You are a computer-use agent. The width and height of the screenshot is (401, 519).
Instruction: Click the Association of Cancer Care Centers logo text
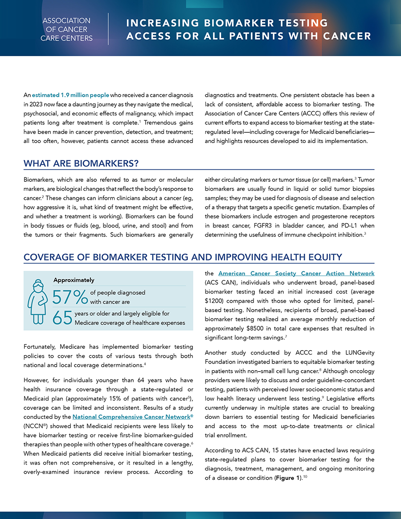(x=66, y=29)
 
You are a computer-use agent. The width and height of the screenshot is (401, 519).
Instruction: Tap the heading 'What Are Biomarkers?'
(x=81, y=163)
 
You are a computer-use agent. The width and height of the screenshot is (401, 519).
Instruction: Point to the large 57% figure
(x=69, y=297)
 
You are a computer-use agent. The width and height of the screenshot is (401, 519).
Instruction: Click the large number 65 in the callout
(x=62, y=318)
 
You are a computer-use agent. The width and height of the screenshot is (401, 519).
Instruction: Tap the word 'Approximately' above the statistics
(x=74, y=280)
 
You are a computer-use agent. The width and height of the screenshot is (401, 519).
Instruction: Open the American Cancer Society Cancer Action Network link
(x=296, y=273)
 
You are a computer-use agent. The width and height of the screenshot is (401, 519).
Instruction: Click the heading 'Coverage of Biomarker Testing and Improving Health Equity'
(x=183, y=257)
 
